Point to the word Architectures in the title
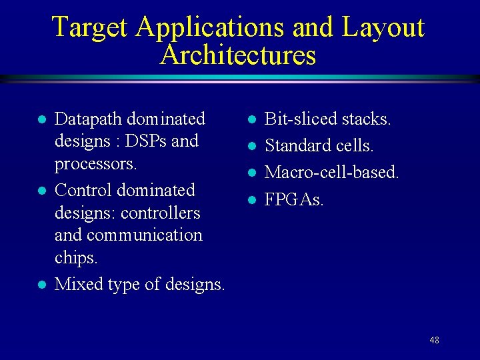(x=238, y=55)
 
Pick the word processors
(x=95, y=164)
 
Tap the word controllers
(x=160, y=213)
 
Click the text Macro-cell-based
(x=331, y=172)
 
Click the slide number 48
(x=434, y=340)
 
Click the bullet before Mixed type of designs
(x=41, y=285)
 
